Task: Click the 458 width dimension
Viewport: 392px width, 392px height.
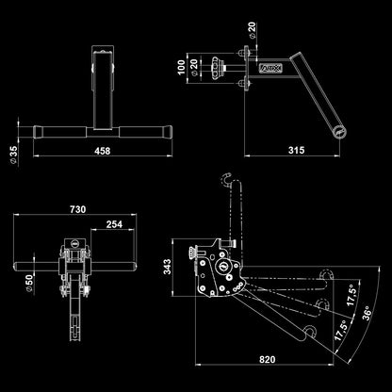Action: tap(103, 151)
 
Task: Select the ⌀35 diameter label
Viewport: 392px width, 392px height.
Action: tap(14, 155)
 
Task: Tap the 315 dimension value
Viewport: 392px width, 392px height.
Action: tap(296, 150)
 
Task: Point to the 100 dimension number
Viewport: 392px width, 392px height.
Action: tap(181, 68)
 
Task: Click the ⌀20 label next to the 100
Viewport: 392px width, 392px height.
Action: tap(194, 68)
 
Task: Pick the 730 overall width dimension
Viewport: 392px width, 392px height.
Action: tap(77, 209)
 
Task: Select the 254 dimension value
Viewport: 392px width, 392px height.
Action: tap(114, 224)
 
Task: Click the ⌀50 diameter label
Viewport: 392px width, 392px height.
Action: tap(29, 284)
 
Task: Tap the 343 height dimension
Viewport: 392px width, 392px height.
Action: tap(167, 267)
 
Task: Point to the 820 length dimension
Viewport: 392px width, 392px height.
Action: tap(268, 359)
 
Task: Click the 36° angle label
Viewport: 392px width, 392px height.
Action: tap(367, 313)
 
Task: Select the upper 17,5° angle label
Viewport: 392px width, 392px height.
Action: tap(351, 296)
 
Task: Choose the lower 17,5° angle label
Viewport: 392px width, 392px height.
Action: tap(341, 331)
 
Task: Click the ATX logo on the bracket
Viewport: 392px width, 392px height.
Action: tap(270, 68)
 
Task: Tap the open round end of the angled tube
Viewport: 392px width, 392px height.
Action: tap(339, 133)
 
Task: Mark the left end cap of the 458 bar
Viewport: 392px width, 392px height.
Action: tap(38, 132)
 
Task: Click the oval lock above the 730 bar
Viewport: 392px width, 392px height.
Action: tap(75, 242)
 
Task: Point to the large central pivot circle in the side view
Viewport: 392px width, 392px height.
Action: tap(222, 266)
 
